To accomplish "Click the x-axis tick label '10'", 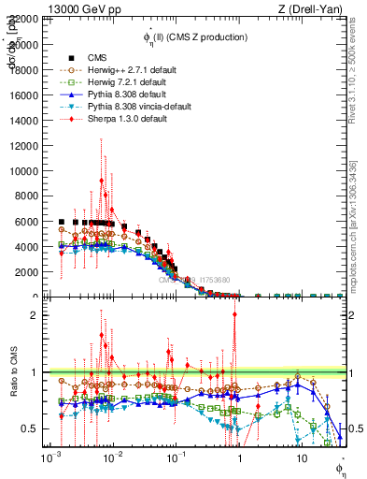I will point(301,459).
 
